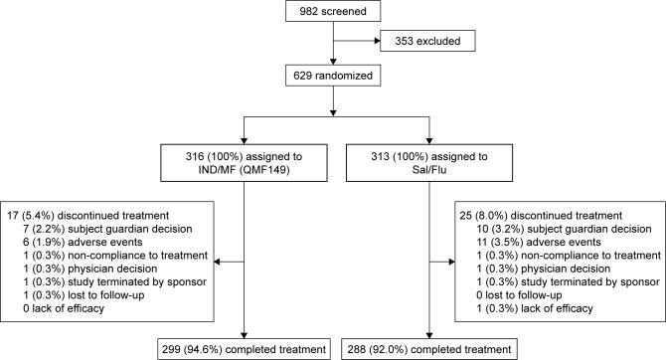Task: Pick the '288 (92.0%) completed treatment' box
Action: [428, 349]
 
